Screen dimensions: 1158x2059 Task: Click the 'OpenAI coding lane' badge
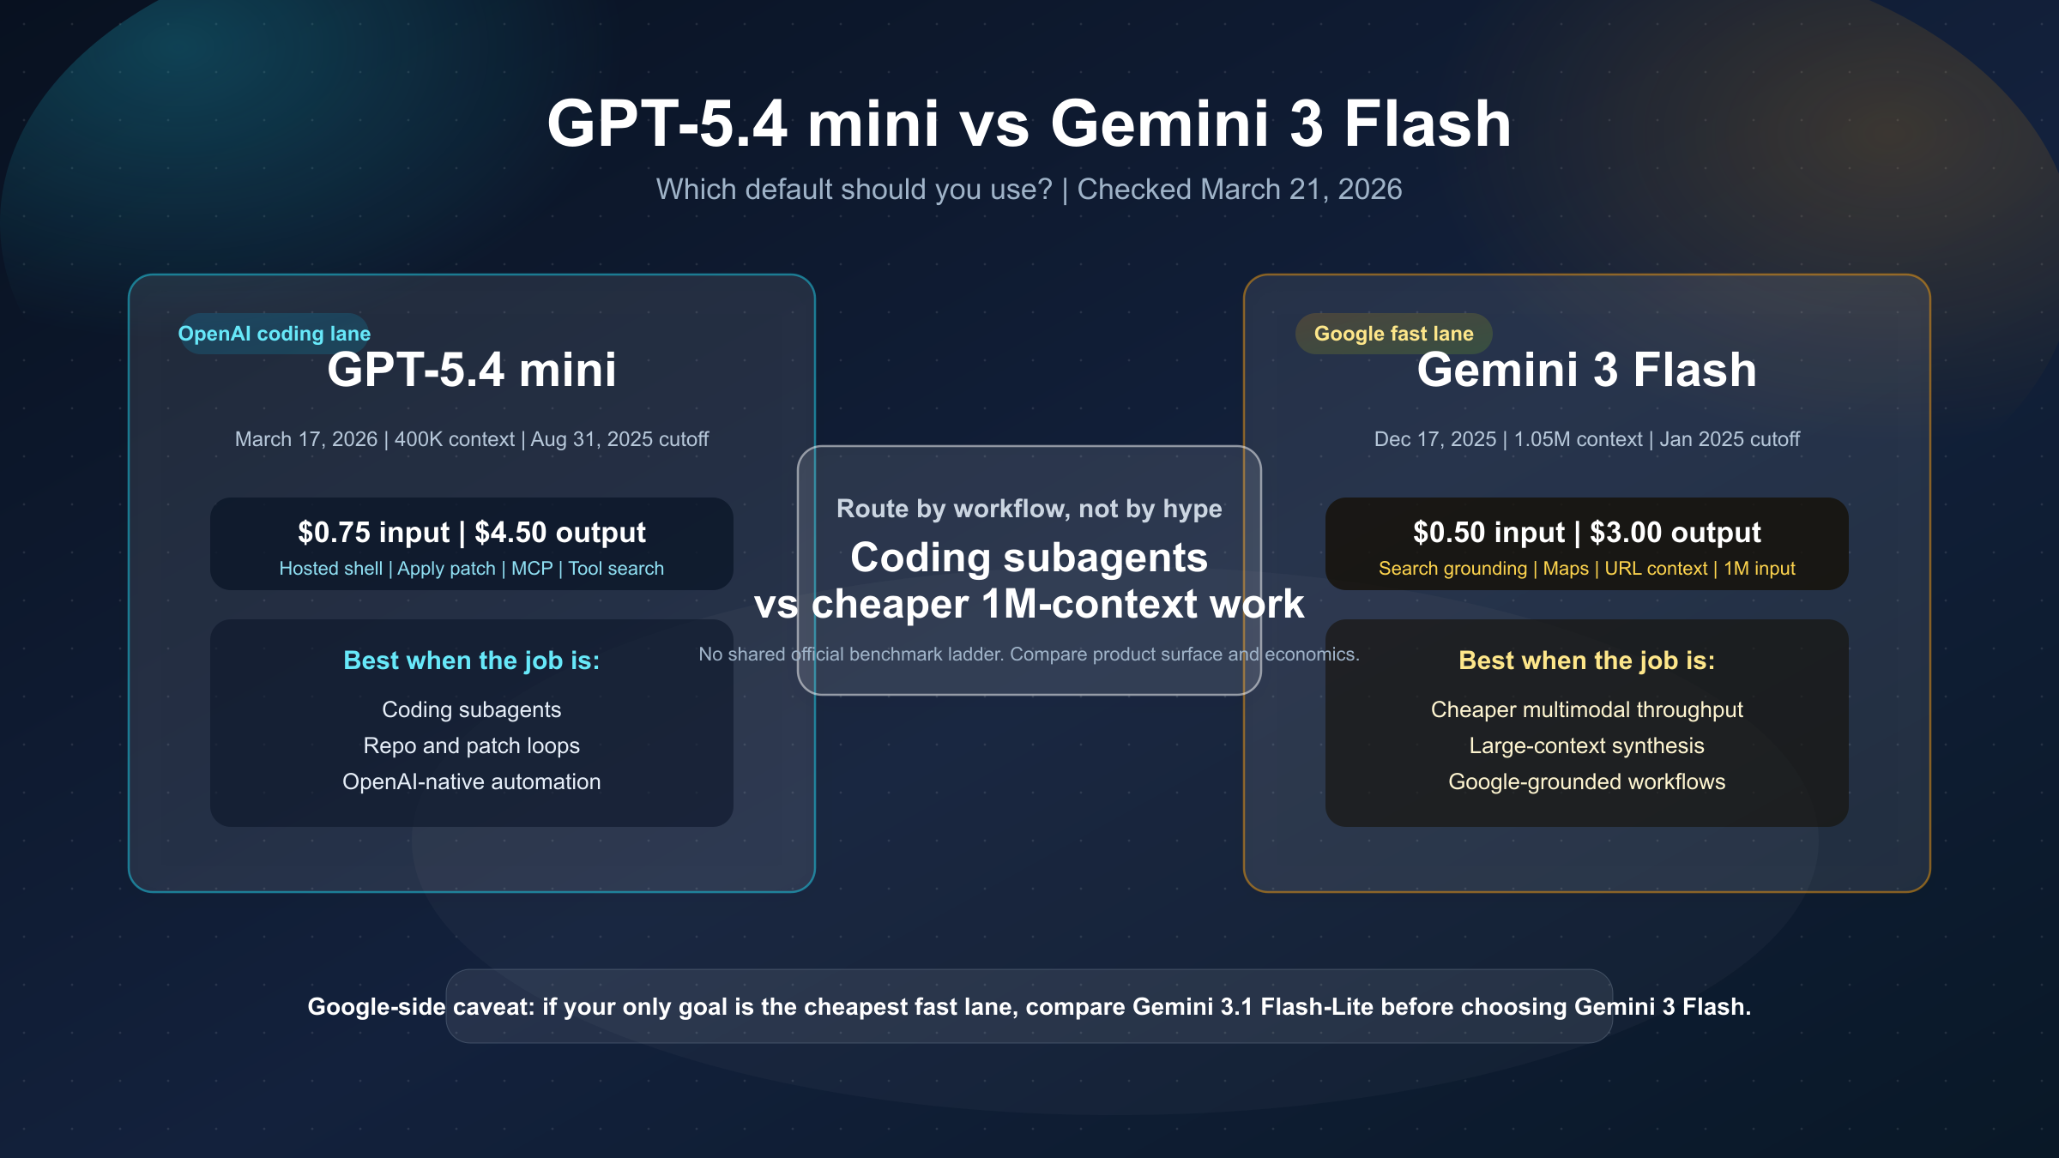coord(275,334)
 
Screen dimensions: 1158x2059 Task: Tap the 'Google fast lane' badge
coord(1393,334)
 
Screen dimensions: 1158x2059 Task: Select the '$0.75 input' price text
coord(373,533)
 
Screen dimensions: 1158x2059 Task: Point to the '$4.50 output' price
coord(560,533)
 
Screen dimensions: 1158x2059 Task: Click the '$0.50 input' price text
coord(1488,533)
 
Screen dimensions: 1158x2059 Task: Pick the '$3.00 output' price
coord(1676,533)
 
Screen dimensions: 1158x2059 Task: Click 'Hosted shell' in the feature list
coord(330,569)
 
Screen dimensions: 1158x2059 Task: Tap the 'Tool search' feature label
coord(616,569)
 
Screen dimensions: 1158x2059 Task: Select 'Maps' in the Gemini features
coord(1566,569)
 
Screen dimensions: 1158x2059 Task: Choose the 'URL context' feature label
coord(1656,569)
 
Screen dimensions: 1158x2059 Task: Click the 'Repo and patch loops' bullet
coord(471,745)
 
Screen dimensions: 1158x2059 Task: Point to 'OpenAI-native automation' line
coord(471,781)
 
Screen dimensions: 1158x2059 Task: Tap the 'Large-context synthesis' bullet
coord(1586,745)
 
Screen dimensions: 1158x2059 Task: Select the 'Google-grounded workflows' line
coord(1586,781)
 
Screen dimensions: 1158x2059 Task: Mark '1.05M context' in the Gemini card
coord(1578,439)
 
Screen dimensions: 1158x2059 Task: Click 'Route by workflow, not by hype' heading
coord(1029,509)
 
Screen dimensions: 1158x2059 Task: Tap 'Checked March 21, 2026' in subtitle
coord(1239,190)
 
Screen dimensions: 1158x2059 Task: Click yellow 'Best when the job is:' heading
coord(1586,660)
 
